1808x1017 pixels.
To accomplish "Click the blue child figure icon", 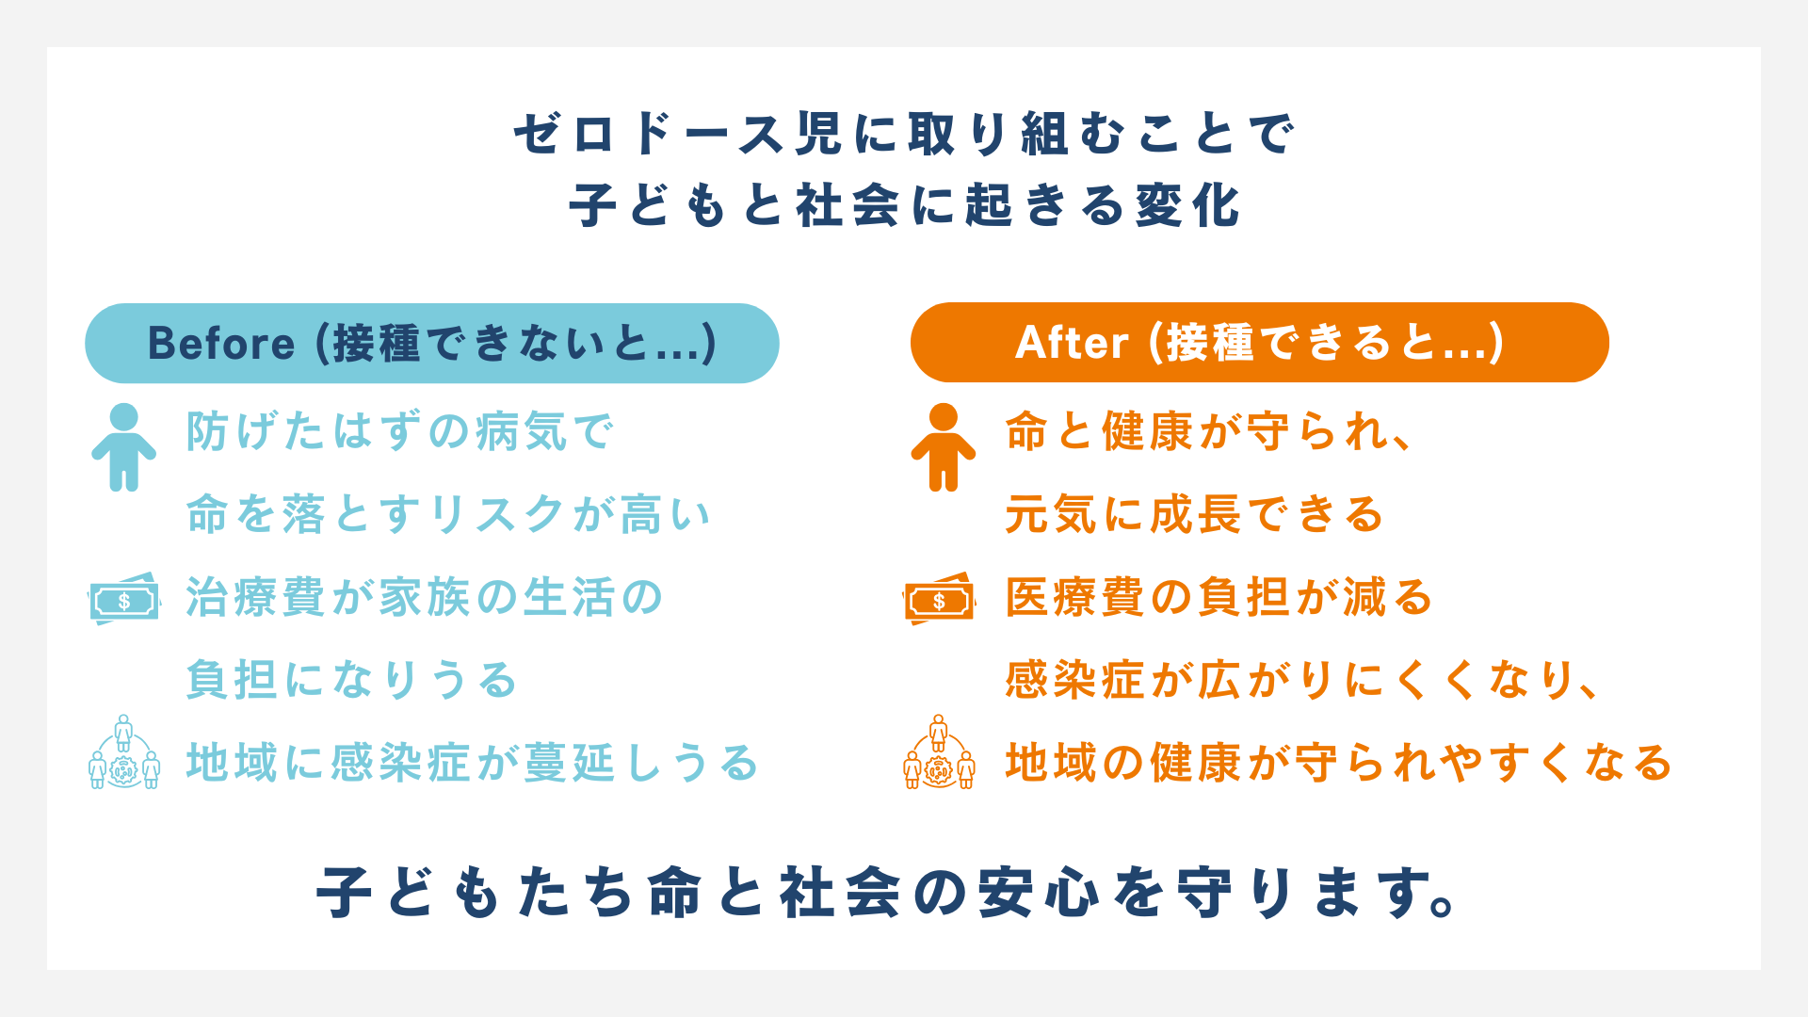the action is click(x=123, y=447).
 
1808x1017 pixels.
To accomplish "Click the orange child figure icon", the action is click(x=943, y=447).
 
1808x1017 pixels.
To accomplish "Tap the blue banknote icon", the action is click(x=124, y=600).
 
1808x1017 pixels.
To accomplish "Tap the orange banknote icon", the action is click(x=939, y=600).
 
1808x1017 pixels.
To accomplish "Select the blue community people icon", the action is click(x=124, y=753).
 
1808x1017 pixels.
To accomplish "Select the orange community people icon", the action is click(x=939, y=753).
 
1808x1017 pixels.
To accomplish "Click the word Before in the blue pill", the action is click(x=221, y=344).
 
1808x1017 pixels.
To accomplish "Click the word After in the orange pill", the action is click(x=1072, y=343).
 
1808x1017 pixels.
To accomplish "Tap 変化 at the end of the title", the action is click(x=1188, y=206).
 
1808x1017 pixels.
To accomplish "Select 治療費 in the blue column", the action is click(x=256, y=598).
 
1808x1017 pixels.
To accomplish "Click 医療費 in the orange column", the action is click(x=1075, y=598).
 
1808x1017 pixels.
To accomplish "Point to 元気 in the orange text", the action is click(x=1051, y=515).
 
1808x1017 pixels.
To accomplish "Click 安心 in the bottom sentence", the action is click(x=1039, y=893).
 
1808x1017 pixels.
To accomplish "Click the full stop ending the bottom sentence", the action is click(x=1443, y=906).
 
